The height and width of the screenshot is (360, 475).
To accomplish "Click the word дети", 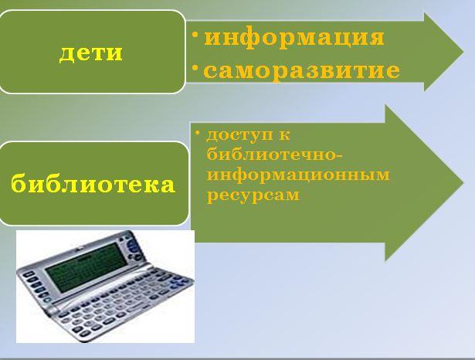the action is (x=91, y=53).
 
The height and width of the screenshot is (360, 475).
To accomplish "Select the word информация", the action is (x=294, y=38).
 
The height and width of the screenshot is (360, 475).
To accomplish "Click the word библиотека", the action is (x=93, y=183).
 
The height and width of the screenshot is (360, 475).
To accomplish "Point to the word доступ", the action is (x=239, y=135).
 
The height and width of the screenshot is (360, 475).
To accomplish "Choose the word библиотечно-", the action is (x=275, y=155).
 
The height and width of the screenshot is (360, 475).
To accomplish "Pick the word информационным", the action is (x=298, y=175).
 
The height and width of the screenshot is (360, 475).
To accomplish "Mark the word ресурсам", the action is (x=253, y=195).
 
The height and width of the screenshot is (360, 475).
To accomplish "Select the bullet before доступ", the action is (x=198, y=133).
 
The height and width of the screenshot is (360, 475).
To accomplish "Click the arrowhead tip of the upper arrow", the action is (x=463, y=52).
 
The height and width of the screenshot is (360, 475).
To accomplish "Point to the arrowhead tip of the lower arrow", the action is (x=463, y=182).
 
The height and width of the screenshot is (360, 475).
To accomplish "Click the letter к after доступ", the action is (x=284, y=135).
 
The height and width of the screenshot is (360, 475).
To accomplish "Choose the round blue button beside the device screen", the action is (x=133, y=246).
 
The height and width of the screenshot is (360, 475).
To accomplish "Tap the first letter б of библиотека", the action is (x=19, y=183).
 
